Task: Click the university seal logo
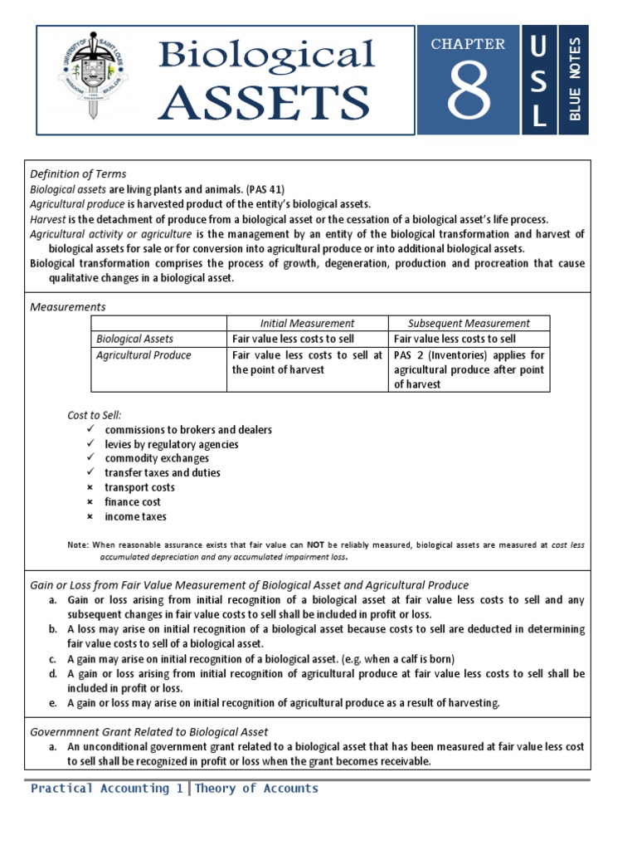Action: tap(94, 80)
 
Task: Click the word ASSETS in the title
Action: tap(265, 102)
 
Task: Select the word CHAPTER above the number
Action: tap(468, 44)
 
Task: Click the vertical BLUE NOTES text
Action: tap(575, 80)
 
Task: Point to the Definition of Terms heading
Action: tap(78, 173)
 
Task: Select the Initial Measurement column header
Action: tap(307, 323)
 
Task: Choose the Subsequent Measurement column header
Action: tap(469, 323)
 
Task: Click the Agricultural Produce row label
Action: tap(143, 355)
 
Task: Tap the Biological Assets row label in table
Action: tap(135, 339)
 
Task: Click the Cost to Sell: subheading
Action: tap(100, 414)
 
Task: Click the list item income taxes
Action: tap(135, 516)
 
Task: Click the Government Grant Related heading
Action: tap(149, 731)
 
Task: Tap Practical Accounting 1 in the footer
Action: tap(107, 789)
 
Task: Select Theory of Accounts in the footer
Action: tap(256, 789)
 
